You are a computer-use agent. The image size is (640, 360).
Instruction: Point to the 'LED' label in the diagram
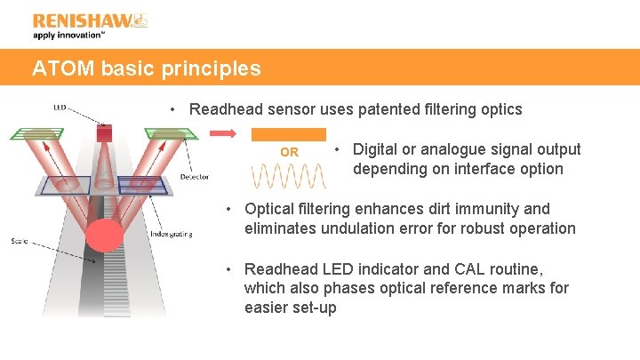(x=60, y=108)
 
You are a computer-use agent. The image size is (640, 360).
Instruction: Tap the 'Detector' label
(x=194, y=177)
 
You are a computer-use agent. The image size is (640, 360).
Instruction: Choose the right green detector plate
(x=172, y=133)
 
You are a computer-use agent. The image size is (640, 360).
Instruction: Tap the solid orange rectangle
(x=289, y=134)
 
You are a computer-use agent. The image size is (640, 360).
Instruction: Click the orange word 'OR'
(x=289, y=153)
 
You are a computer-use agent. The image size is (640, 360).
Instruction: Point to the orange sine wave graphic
(x=289, y=175)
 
